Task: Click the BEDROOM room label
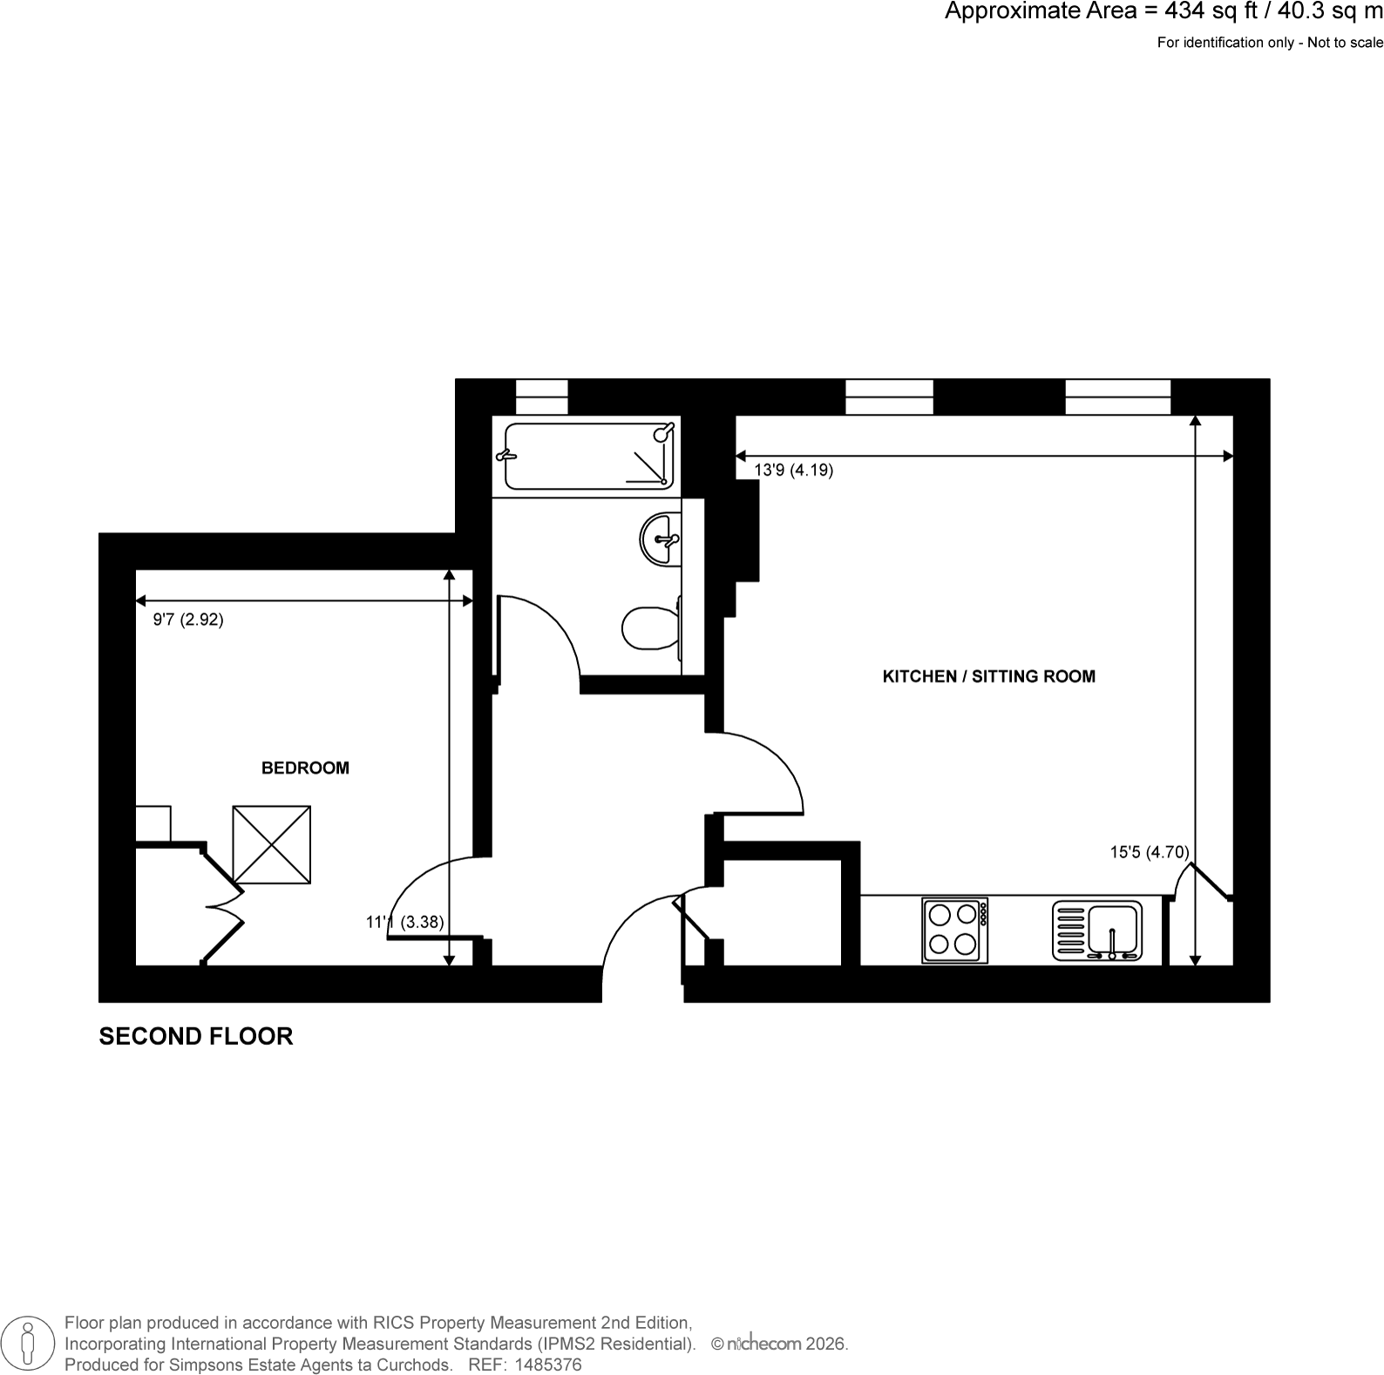tap(305, 768)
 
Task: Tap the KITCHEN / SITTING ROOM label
tap(989, 676)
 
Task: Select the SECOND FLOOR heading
tap(196, 1036)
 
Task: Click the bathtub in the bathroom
tap(588, 456)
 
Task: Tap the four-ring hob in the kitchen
tap(955, 931)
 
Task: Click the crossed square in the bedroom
tap(272, 844)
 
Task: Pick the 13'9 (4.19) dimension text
tap(793, 471)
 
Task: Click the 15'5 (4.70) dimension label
tap(1150, 852)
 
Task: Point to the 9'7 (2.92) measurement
tap(188, 620)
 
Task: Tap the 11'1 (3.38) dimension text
tap(405, 921)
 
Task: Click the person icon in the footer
tap(28, 1343)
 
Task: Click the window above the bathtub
tap(542, 396)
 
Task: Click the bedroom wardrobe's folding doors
tap(223, 906)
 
